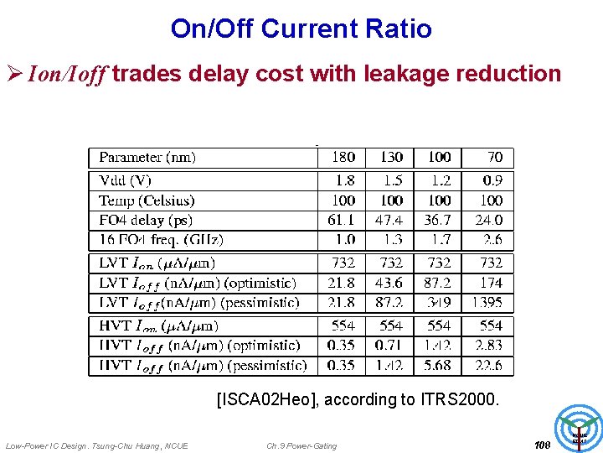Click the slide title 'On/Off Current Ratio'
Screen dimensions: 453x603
point(301,29)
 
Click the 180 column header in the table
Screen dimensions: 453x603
point(343,157)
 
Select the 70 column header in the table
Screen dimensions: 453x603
point(495,157)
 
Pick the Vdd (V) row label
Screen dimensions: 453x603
point(125,180)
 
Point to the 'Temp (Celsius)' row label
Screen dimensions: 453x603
point(147,200)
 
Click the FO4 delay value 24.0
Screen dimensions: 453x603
point(489,221)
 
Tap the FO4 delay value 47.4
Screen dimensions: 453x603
point(389,221)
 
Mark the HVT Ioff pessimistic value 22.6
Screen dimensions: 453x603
point(489,365)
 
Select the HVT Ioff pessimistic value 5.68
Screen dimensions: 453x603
point(437,365)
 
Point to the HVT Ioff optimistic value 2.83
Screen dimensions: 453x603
point(489,345)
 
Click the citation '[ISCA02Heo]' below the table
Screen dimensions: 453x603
point(267,400)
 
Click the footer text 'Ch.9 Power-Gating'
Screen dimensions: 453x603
point(301,445)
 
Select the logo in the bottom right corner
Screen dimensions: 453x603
point(580,426)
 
